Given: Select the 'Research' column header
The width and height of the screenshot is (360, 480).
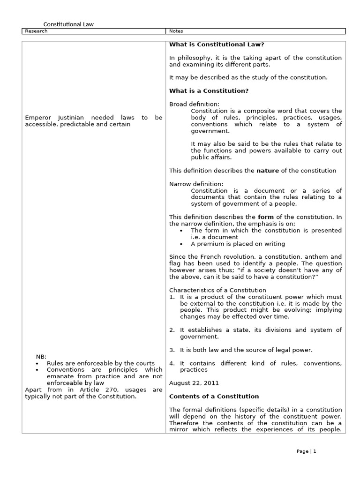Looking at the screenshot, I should click(36, 31).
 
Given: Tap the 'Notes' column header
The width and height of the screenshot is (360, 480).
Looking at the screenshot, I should click(176, 31).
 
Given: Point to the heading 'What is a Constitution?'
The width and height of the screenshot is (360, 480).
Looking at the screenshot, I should click(209, 90).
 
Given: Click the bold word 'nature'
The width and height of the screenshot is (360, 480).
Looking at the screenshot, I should click(268, 171).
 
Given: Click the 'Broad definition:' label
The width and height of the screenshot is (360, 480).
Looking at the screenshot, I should click(194, 104).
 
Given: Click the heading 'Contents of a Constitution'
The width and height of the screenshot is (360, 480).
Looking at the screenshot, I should click(214, 396).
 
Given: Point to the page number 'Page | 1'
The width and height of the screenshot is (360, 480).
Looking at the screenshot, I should click(307, 451).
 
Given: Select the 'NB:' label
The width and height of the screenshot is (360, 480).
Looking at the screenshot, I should click(41, 356).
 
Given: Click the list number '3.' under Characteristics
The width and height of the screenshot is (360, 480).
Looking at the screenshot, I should click(172, 350).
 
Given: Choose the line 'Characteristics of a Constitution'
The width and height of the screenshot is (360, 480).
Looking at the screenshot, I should click(217, 290).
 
